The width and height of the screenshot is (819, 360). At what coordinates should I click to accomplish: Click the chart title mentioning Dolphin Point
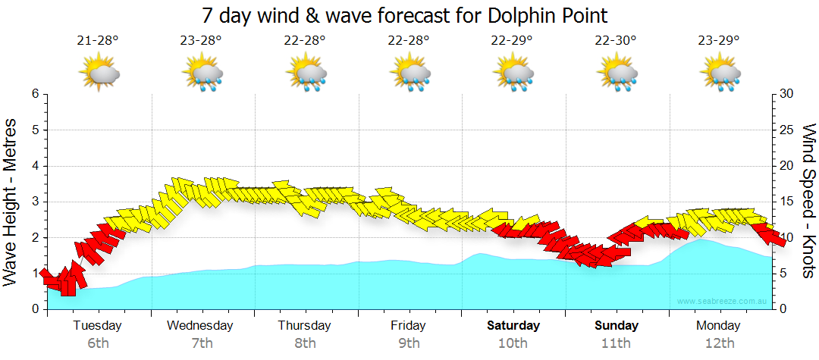[x=405, y=15]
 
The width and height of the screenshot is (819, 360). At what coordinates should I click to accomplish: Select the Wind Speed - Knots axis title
[x=808, y=201]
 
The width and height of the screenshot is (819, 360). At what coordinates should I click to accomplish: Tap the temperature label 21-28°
[x=98, y=40]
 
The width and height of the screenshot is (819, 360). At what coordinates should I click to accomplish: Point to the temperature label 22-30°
[x=615, y=40]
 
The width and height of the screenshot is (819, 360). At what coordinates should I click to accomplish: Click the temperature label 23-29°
[x=719, y=40]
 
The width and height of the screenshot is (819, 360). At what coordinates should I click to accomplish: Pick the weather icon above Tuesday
[x=99, y=74]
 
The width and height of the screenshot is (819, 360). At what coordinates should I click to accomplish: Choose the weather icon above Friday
[x=411, y=74]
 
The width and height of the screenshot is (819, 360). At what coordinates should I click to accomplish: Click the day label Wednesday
[x=201, y=326]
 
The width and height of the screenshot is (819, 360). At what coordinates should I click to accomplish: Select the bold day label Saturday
[x=513, y=326]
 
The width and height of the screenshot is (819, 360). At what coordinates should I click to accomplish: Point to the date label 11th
[x=616, y=343]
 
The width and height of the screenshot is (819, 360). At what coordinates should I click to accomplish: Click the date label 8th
[x=305, y=343]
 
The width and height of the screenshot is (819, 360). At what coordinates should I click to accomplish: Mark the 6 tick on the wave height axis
[x=35, y=94]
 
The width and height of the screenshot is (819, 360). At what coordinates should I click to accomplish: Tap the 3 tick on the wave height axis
[x=35, y=202]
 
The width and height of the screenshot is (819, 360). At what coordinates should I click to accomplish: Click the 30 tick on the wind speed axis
[x=787, y=94]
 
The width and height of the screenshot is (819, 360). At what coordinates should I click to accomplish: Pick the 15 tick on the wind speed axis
[x=787, y=202]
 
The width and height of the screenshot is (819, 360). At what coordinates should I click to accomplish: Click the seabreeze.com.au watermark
[x=722, y=302]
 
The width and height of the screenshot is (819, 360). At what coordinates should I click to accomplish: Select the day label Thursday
[x=304, y=326]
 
